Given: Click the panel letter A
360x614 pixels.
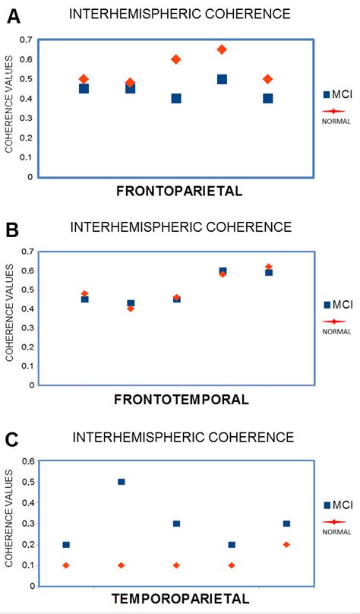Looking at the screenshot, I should tap(13, 17).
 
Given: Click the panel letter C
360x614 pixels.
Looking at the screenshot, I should tap(12, 440).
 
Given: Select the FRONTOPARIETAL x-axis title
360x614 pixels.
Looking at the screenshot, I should tap(179, 191).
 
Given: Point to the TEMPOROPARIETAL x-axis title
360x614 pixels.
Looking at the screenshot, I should tap(180, 598).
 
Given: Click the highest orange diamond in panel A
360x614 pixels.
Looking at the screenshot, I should tap(222, 49).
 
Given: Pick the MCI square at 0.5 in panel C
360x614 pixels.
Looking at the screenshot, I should tap(121, 482).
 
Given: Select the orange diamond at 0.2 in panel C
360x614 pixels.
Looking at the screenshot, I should tap(286, 544).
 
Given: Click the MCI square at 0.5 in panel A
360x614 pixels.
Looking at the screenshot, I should tap(222, 79).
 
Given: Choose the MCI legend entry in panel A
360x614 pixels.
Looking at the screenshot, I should tap(334, 94).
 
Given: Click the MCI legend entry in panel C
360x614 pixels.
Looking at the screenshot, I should tap(334, 505).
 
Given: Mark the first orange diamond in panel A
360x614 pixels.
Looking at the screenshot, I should tap(84, 79).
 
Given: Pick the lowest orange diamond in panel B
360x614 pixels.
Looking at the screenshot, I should tap(130, 309).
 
